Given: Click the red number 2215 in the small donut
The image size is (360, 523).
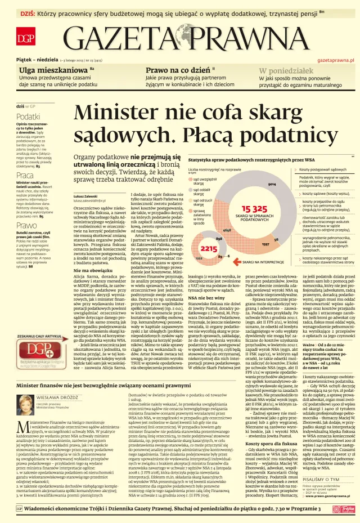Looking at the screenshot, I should [210, 248].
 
